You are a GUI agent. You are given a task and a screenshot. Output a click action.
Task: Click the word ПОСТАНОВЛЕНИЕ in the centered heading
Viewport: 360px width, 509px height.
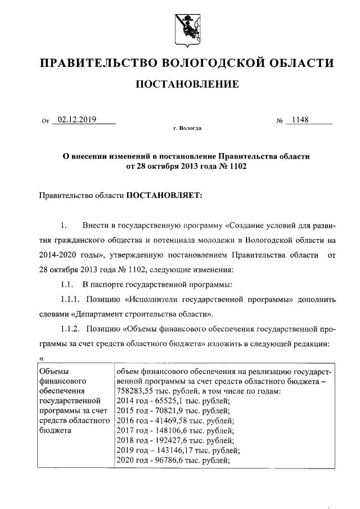186,84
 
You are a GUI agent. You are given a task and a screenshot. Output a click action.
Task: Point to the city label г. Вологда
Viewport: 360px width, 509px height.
187,128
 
